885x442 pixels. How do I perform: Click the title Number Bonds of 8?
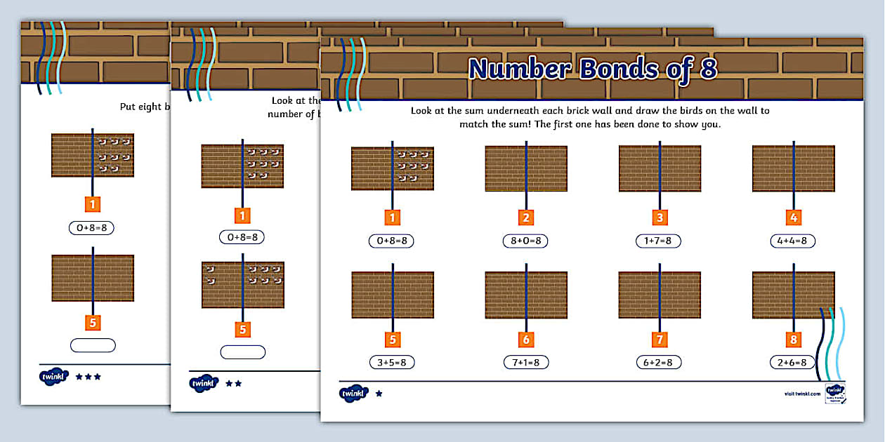pyautogui.click(x=592, y=68)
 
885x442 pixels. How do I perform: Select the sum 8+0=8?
pyautogui.click(x=525, y=241)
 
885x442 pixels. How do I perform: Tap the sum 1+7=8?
pyautogui.click(x=659, y=241)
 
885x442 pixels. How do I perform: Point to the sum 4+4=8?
pyautogui.click(x=793, y=241)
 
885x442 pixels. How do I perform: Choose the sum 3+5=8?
pyautogui.click(x=393, y=363)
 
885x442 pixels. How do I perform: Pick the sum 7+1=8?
pyautogui.click(x=525, y=363)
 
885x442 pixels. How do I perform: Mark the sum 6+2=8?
pyautogui.click(x=659, y=363)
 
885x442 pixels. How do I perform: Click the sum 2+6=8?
pyautogui.click(x=793, y=363)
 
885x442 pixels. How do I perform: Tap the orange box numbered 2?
pyautogui.click(x=526, y=217)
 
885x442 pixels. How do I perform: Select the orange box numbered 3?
pyautogui.click(x=660, y=217)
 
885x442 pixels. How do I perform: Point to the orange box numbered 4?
pyautogui.click(x=794, y=217)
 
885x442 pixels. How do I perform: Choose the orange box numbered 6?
pyautogui.click(x=526, y=340)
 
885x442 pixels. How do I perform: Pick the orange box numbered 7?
pyautogui.click(x=660, y=340)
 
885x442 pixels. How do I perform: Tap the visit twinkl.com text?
pyautogui.click(x=802, y=394)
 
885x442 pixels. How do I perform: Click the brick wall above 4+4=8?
pyautogui.click(x=793, y=168)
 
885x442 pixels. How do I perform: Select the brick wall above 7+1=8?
pyautogui.click(x=526, y=295)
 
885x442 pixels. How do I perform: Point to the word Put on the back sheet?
pyautogui.click(x=129, y=107)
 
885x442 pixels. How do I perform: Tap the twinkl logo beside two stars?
pyautogui.click(x=204, y=384)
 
